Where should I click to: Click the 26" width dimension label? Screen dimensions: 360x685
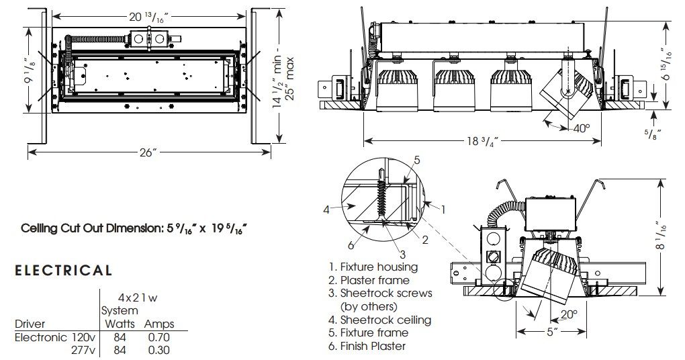pos(148,153)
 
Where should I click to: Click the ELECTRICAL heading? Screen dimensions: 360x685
pos(63,271)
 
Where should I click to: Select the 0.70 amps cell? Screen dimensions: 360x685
pos(158,337)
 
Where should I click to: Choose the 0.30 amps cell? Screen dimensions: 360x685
pos(158,350)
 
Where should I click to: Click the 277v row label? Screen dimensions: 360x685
pos(85,350)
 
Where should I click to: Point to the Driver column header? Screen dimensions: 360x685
pos(30,324)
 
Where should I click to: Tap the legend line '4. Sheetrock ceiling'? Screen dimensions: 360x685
pos(379,320)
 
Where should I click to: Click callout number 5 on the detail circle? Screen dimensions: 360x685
pos(416,160)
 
